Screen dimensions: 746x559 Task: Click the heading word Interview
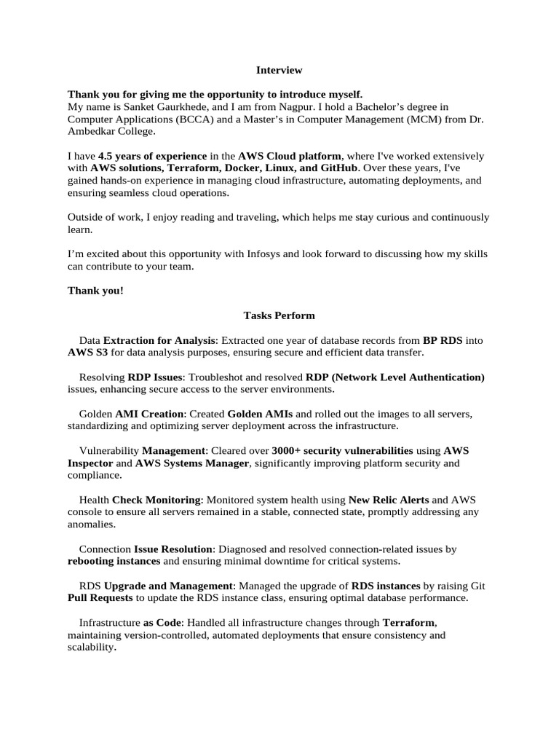tap(279, 71)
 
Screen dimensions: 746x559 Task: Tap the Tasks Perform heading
tap(279, 315)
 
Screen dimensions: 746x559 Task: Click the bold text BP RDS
tap(443, 340)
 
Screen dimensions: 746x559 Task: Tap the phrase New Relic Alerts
tap(389, 500)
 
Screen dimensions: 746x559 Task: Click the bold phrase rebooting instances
tap(114, 561)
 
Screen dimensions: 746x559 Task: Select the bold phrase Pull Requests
tap(100, 598)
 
